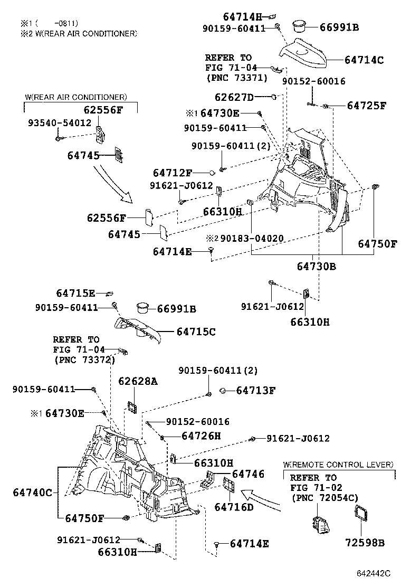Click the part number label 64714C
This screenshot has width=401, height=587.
pyautogui.click(x=364, y=60)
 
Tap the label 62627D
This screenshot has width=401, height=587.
pyautogui.click(x=234, y=97)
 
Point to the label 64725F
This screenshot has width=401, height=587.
pyautogui.click(x=367, y=106)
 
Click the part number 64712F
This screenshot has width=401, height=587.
pyautogui.click(x=173, y=173)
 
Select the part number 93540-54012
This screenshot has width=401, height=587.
pyautogui.click(x=59, y=122)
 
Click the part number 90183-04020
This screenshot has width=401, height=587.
pyautogui.click(x=252, y=239)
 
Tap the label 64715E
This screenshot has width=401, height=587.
pyautogui.click(x=75, y=293)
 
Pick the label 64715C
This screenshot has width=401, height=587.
pyautogui.click(x=196, y=332)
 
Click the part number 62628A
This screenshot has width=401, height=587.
pyautogui.click(x=138, y=381)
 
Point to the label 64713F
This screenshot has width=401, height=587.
pyautogui.click(x=256, y=391)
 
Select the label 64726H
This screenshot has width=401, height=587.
pyautogui.click(x=201, y=436)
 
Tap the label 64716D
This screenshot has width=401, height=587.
pyautogui.click(x=234, y=507)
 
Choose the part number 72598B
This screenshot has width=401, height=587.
pyautogui.click(x=365, y=543)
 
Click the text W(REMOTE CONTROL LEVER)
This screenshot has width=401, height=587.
pyautogui.click(x=338, y=465)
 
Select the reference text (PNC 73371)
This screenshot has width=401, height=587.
pyautogui.click(x=236, y=78)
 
